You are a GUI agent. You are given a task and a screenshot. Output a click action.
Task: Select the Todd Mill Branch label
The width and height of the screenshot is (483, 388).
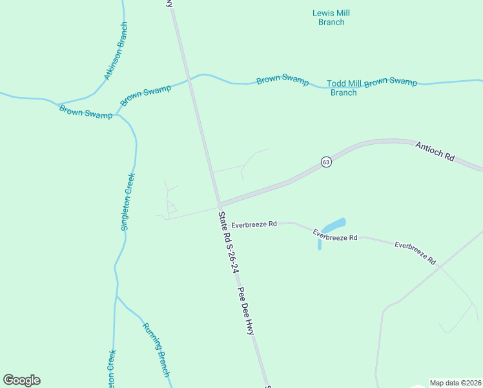[x=344, y=88]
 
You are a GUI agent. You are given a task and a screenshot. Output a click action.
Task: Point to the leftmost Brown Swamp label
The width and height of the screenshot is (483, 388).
[x=85, y=111]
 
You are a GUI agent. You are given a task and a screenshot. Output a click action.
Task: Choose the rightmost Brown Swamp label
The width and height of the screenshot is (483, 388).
[x=391, y=82]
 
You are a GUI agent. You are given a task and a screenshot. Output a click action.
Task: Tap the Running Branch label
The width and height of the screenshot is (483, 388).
[x=156, y=349]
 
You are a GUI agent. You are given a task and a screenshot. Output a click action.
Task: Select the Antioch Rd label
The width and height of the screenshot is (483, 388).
[x=435, y=153]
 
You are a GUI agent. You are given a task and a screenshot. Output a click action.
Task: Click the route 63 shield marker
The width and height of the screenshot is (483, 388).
[x=326, y=162]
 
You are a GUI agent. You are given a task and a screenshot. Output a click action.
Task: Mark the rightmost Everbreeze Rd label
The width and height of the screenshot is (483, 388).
[x=415, y=253]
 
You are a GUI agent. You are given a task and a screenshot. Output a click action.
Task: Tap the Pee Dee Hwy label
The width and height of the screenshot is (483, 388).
[x=246, y=310]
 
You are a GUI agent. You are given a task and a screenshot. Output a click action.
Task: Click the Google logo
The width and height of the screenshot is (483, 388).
[x=22, y=380]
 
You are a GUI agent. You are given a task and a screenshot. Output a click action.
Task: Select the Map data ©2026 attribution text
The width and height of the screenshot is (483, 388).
[x=455, y=383]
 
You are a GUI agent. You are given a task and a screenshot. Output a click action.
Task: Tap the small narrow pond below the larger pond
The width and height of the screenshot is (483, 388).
[x=320, y=245]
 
